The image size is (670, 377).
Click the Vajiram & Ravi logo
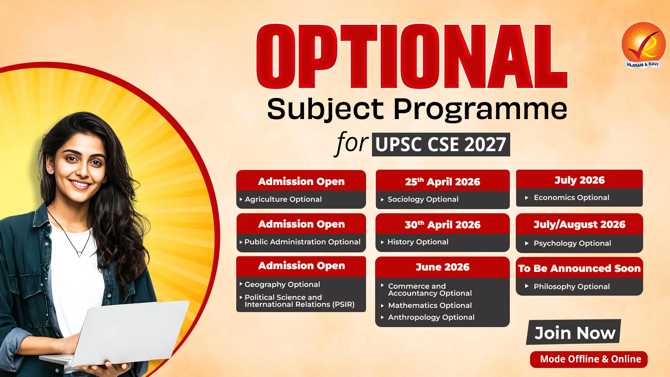643,45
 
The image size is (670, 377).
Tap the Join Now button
574,332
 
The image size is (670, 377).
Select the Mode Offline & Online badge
589,359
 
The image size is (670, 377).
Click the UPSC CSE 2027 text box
441,145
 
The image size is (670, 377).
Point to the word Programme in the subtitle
480,109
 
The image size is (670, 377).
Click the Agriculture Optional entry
283,199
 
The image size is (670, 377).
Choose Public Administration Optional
302,242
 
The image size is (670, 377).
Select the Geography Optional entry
282,284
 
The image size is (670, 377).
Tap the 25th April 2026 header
442,182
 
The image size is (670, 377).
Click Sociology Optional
423,199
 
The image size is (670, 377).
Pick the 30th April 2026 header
442,224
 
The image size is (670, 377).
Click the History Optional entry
418,242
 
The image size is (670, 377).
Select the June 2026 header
442,267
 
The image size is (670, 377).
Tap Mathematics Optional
430,305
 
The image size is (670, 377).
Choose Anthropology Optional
431,317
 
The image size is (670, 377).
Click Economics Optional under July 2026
571,198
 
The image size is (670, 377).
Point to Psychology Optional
572,243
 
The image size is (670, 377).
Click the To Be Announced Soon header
579,268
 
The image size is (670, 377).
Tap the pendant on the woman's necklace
80,254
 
